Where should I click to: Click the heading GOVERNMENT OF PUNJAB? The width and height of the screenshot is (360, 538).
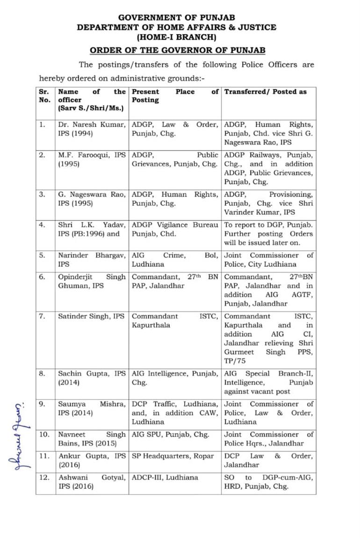click(x=177, y=17)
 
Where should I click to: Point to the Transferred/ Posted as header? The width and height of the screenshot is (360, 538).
click(x=265, y=92)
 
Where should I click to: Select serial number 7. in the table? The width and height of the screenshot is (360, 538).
click(x=43, y=316)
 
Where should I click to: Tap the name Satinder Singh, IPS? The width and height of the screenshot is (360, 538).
click(x=91, y=316)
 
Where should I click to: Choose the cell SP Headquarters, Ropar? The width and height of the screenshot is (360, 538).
click(x=173, y=456)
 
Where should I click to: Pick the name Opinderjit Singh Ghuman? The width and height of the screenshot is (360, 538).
click(x=92, y=281)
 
